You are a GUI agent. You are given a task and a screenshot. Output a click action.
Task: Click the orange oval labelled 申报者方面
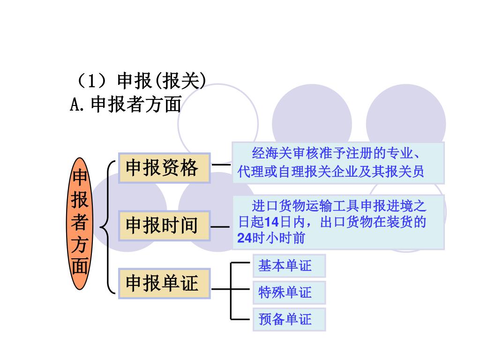click(80, 223)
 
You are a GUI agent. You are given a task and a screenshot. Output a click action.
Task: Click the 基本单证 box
click(289, 266)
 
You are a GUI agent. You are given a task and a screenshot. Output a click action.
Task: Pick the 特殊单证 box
click(289, 292)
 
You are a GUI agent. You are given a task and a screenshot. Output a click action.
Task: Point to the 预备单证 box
click(289, 320)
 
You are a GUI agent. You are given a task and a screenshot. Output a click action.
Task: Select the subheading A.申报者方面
click(126, 105)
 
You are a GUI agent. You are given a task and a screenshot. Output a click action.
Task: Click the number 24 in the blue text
click(244, 238)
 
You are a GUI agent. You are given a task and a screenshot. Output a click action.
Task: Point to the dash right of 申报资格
click(221, 165)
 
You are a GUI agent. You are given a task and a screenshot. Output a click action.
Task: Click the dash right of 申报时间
click(220, 227)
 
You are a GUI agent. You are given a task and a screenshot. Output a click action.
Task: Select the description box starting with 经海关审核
click(337, 162)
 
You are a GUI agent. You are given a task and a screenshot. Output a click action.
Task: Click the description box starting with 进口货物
click(337, 222)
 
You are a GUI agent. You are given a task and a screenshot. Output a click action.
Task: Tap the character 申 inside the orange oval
click(80, 178)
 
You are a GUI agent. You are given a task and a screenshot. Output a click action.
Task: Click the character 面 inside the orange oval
click(80, 267)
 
